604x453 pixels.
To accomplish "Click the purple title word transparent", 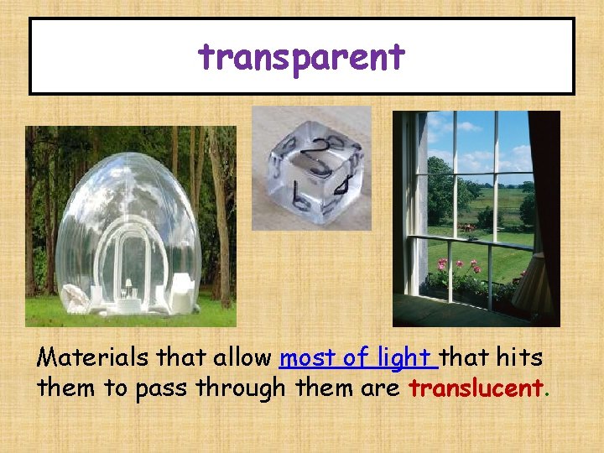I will pos(301,58).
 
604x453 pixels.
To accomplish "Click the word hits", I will pos(519,359).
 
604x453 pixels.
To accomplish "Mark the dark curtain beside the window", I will pos(543,210).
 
